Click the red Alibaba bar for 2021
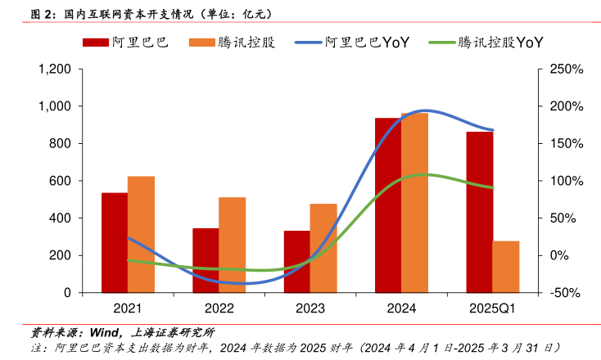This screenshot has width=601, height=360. point(115,243)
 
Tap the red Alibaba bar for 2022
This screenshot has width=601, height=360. point(206,260)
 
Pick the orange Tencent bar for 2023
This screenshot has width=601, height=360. point(323,248)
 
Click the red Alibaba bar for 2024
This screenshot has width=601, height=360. point(388,205)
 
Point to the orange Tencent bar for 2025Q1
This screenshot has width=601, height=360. point(506,267)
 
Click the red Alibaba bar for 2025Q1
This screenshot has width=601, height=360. point(480,212)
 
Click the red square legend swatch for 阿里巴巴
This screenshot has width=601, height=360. point(95,43)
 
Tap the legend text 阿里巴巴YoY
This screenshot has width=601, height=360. point(367,43)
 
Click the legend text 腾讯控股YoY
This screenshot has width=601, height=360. point(501,43)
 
